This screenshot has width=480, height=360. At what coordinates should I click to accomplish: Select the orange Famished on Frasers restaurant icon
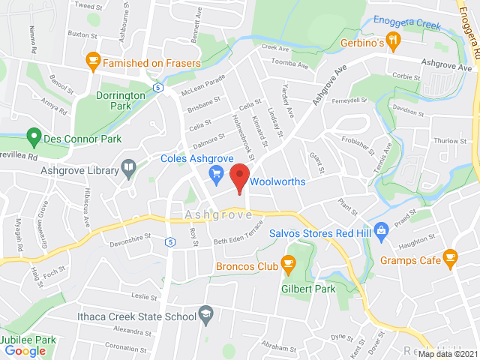92,61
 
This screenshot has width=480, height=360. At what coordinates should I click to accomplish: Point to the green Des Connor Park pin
33,137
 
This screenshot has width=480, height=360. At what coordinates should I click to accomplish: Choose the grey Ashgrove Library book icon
128,169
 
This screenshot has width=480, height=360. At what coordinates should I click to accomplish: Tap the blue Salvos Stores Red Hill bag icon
381,229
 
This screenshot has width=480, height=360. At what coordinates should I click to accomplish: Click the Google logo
25,350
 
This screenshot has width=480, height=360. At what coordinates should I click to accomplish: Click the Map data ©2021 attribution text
448,354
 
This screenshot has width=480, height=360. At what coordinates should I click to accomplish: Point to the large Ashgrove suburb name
218,214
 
